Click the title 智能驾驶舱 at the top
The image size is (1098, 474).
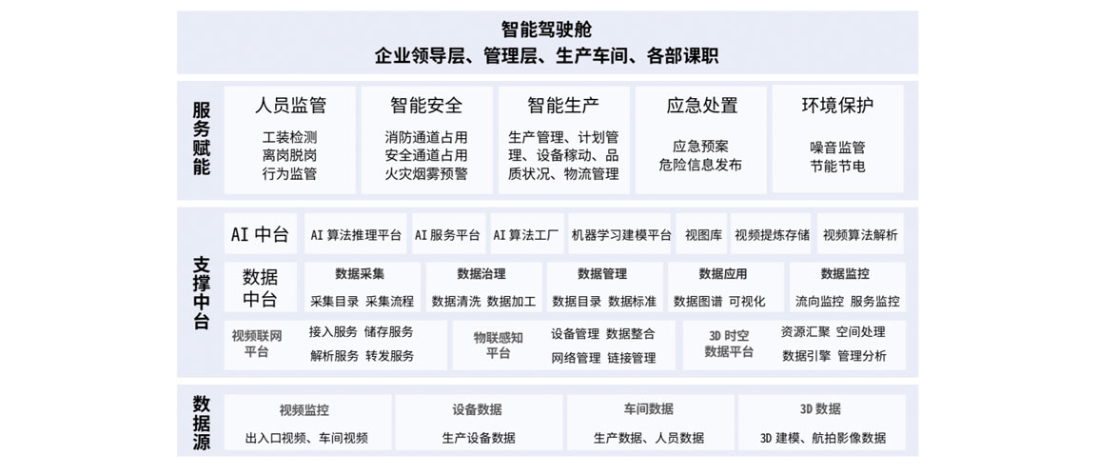(x=546, y=30)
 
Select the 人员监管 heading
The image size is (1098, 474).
(x=290, y=106)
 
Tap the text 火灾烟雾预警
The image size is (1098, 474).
(x=425, y=173)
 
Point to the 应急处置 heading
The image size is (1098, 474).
(x=701, y=106)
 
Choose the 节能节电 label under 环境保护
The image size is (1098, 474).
(x=837, y=166)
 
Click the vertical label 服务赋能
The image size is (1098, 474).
(x=201, y=139)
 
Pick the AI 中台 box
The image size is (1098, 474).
(x=260, y=234)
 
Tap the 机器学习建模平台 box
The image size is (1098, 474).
(x=620, y=234)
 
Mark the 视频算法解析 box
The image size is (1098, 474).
(x=860, y=234)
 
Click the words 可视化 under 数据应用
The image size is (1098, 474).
(x=747, y=302)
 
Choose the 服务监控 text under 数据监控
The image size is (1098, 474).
(x=875, y=302)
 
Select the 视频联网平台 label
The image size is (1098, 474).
(x=257, y=344)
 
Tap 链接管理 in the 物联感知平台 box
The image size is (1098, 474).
(x=632, y=358)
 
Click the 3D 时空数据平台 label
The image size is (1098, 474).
(x=729, y=344)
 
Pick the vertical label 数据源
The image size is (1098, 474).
(x=201, y=423)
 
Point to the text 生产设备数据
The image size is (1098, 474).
(x=479, y=438)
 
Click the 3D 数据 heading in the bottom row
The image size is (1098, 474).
(x=821, y=409)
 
